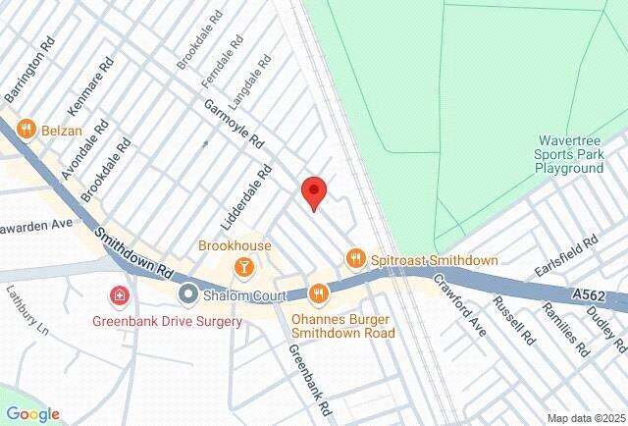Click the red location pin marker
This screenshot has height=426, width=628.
pos(313,192)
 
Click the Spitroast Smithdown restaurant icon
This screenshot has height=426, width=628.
pos(355,259)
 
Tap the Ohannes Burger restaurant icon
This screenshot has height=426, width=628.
pos(318,293)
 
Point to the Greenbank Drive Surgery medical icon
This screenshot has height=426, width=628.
pos(119,294)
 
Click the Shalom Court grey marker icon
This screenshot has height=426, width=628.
pos(187,294)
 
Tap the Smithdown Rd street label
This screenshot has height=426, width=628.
pos(134,251)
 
